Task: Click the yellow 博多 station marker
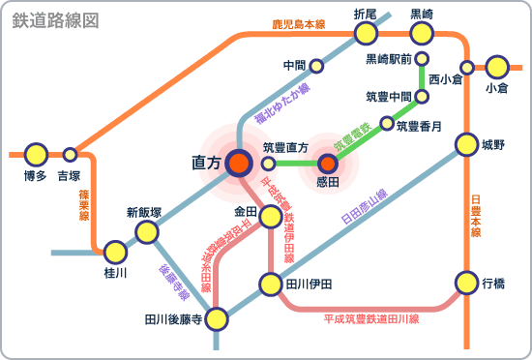(36, 154)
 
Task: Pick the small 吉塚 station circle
(70, 154)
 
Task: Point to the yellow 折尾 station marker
(366, 34)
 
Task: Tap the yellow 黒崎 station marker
(422, 34)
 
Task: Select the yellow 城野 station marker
(467, 145)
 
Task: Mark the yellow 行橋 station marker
(467, 283)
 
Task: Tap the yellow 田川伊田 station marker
(271, 285)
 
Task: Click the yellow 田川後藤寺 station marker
(217, 317)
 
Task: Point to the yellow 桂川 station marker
(116, 254)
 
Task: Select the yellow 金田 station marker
(270, 211)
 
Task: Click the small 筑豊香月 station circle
(388, 124)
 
